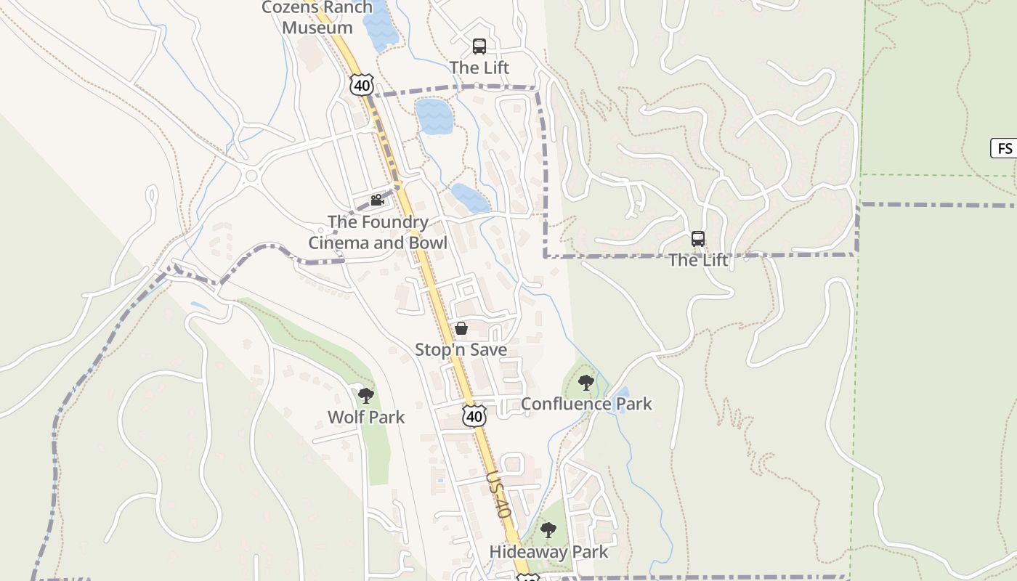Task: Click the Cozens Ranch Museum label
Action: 317,17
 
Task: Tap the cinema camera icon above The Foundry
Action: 377,200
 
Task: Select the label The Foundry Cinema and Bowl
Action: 378,232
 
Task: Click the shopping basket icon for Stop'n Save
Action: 461,328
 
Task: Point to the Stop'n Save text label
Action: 461,349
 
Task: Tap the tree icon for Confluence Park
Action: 586,382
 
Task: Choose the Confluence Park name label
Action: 586,404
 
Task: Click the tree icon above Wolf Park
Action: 366,395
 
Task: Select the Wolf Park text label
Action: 366,417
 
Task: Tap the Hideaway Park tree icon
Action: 548,530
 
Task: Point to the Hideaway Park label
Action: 548,552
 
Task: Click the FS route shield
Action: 1004,148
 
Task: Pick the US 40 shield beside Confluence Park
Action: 474,416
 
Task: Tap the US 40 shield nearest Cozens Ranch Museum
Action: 361,84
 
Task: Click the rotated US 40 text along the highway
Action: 499,494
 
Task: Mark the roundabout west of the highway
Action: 252,175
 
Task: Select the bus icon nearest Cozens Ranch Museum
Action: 479,46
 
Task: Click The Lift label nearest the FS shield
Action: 697,260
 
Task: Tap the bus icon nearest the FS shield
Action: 697,238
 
